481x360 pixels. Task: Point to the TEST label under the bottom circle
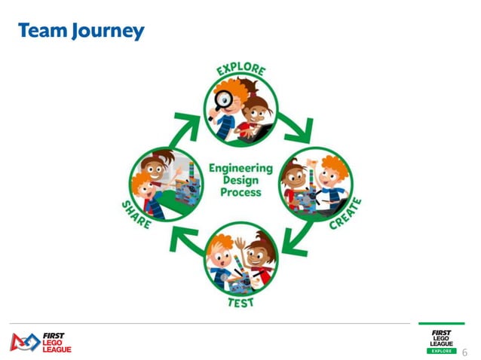(240, 302)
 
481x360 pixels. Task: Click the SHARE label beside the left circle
(136, 215)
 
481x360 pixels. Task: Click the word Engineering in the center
(240, 167)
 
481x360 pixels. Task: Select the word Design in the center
(240, 180)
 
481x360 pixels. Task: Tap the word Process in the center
(240, 192)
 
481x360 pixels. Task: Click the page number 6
(464, 352)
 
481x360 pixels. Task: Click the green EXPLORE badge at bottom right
(441, 351)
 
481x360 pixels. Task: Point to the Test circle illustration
(241, 261)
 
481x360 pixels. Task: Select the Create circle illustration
(316, 185)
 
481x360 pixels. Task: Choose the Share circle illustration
(164, 185)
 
